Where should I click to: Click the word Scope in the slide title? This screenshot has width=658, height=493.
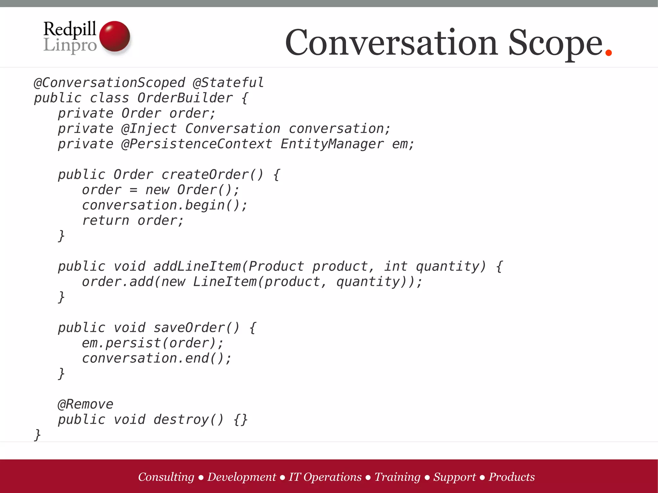(x=555, y=43)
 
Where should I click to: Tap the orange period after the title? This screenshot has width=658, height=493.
(x=608, y=52)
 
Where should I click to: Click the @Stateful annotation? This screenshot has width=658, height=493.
(x=228, y=83)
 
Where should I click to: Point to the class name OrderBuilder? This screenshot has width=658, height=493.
(x=185, y=98)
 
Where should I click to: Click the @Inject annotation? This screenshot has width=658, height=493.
(x=149, y=129)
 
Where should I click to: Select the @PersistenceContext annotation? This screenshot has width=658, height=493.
(x=197, y=144)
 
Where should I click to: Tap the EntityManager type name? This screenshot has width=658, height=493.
(x=332, y=144)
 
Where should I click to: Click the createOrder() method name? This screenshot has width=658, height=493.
(x=212, y=175)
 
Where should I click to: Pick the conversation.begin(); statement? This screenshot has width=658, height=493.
(x=165, y=205)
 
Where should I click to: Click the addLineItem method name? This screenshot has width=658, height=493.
(x=197, y=267)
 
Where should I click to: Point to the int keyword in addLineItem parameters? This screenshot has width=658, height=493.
(x=396, y=267)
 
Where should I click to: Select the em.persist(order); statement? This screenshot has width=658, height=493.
(x=153, y=343)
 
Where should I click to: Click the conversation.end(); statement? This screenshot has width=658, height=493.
(x=157, y=358)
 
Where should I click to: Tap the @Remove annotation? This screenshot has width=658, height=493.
(x=85, y=404)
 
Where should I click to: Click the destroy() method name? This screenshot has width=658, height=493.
(x=188, y=419)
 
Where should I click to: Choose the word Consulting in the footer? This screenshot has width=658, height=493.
(x=166, y=477)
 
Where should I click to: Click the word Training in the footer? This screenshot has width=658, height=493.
(x=397, y=477)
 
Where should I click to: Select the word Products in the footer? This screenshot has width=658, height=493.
(x=511, y=477)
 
